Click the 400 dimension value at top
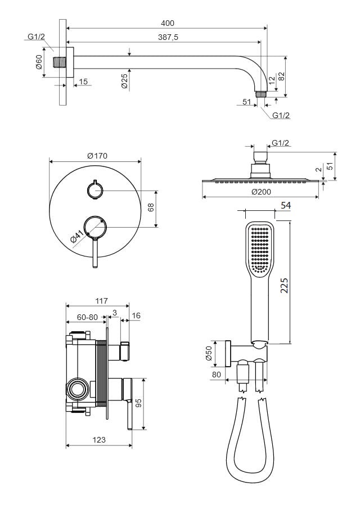[x=167, y=23]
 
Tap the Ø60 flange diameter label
[x=39, y=62]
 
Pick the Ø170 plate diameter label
[x=97, y=156]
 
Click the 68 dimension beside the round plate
[x=151, y=208]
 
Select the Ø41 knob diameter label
[x=77, y=236]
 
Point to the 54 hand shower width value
[x=285, y=206]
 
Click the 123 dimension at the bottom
[x=98, y=440]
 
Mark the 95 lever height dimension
[x=137, y=403]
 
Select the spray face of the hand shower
[x=260, y=247]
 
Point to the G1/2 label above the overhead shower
[x=280, y=143]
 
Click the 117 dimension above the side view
[x=101, y=301]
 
